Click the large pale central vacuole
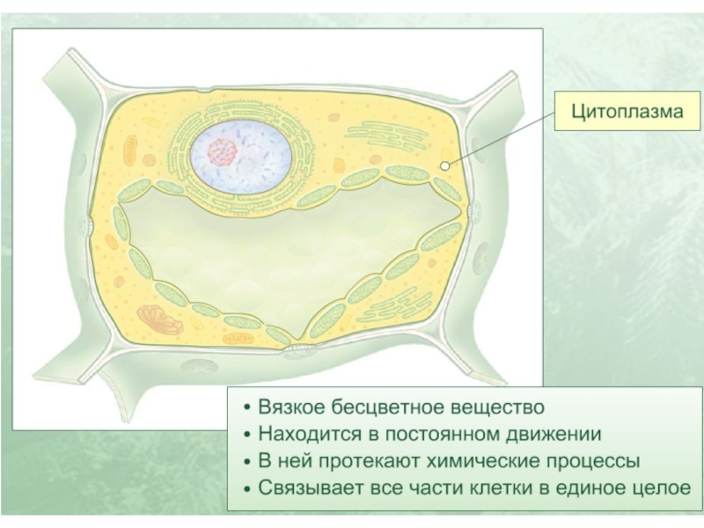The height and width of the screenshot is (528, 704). click(x=290, y=255)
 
